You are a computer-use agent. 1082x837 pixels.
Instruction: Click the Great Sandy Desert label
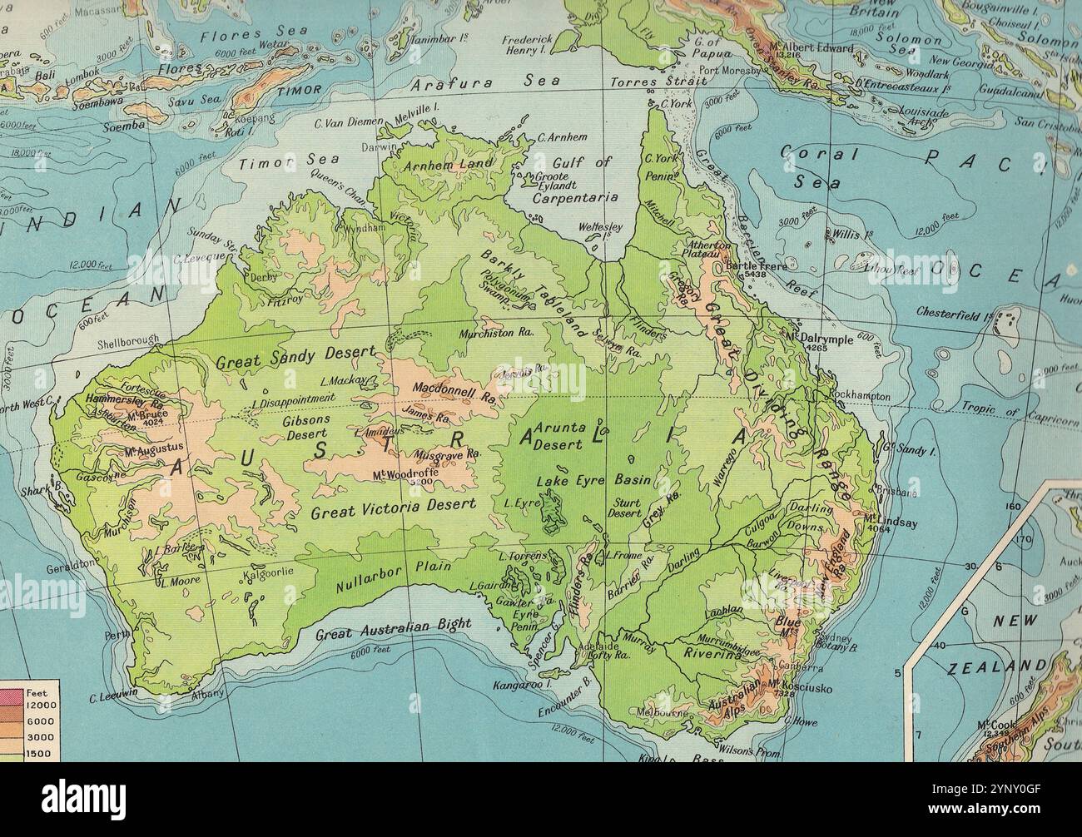(x=295, y=358)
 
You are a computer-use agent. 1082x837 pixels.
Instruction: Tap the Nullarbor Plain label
(x=394, y=577)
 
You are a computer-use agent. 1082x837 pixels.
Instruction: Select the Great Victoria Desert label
(x=393, y=508)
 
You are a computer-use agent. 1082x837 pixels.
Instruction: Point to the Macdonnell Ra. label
(x=449, y=392)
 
